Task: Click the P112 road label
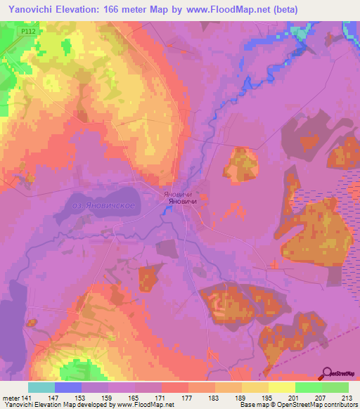point(28,32)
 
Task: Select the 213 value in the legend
point(346,398)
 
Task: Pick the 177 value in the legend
point(188,398)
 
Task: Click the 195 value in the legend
point(266,398)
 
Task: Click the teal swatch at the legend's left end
point(41,387)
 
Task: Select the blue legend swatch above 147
point(68,387)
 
